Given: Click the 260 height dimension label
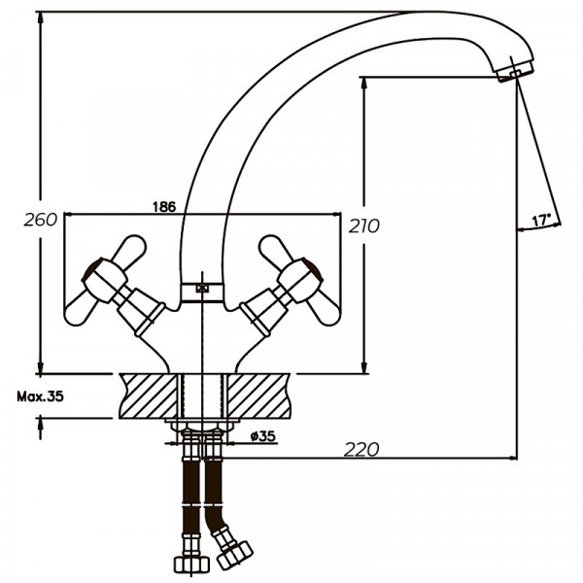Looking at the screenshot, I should click(x=40, y=220).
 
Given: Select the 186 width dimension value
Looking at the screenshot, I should click(x=165, y=206).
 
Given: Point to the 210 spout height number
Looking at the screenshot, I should click(x=363, y=225).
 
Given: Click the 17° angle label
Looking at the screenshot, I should click(x=542, y=219).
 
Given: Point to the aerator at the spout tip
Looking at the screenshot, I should click(x=515, y=72).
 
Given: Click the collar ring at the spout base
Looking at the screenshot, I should click(x=202, y=290).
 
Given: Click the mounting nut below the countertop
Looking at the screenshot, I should click(x=202, y=426).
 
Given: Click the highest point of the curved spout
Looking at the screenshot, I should click(x=428, y=14).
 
